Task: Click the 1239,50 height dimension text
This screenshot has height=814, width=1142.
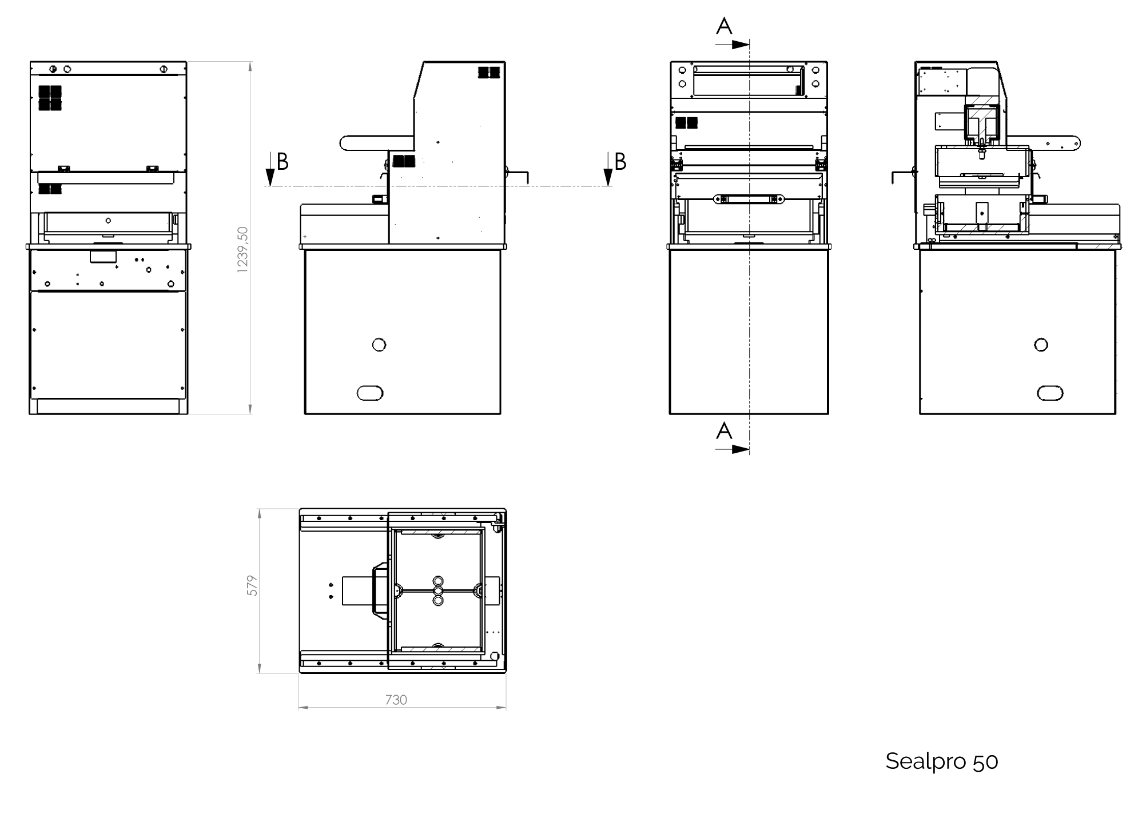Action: point(242,250)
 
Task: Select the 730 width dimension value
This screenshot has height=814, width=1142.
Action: point(396,700)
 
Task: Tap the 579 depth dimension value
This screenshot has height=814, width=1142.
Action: point(252,586)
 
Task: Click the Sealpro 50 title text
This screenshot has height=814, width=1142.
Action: point(941,761)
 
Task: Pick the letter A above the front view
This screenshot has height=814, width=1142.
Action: point(724,26)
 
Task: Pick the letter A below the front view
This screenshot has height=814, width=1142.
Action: point(724,430)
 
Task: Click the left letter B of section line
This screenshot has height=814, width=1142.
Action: point(282,162)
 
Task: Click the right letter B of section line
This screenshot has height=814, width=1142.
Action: point(620,162)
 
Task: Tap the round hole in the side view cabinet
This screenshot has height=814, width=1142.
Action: point(379,345)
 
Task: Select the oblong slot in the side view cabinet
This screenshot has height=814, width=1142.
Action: point(369,393)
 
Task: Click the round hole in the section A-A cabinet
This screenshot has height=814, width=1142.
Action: point(1041,345)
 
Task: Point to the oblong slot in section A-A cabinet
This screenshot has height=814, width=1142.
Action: point(1049,393)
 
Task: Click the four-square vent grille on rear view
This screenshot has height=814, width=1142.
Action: point(50,98)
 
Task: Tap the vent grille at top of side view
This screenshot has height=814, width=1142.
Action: point(489,73)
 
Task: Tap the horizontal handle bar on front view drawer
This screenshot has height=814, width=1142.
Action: point(749,199)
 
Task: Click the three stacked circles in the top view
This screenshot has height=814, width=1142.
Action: point(438,590)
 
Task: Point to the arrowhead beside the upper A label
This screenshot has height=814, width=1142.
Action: point(741,45)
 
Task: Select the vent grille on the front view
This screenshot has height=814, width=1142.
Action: point(686,122)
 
